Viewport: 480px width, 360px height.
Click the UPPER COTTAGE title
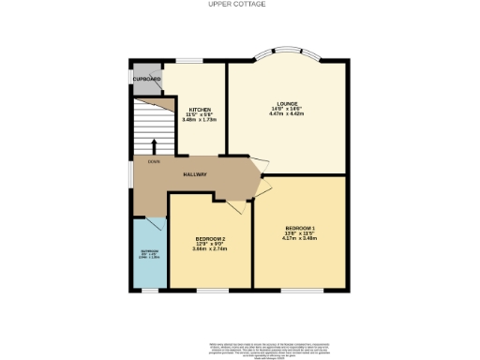coord(237,5)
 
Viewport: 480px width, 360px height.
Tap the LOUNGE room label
coord(287,103)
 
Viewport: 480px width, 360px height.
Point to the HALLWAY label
coord(195,174)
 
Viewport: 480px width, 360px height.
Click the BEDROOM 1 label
coord(300,229)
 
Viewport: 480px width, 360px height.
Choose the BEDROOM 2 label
coord(210,240)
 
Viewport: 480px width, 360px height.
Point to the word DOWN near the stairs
coord(140,161)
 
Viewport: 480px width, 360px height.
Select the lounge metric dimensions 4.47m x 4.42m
coord(287,114)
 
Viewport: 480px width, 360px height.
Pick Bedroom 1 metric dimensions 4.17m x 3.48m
coord(300,240)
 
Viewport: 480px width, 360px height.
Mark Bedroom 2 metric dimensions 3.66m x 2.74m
coord(210,249)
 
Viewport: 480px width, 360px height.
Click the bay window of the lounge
coord(288,60)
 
